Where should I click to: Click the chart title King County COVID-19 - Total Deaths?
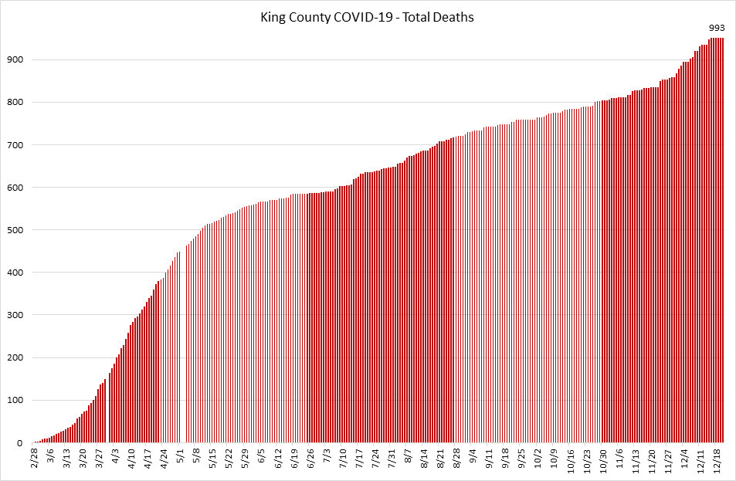367,16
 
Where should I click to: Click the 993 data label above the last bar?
716,28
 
